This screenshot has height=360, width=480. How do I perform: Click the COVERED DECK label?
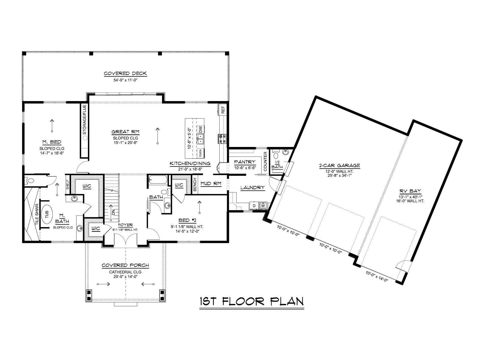[x=125, y=73]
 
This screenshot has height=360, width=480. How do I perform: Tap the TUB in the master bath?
[x=47, y=214]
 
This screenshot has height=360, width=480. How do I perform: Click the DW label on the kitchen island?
[x=200, y=129]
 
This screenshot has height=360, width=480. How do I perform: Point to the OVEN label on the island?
[x=200, y=153]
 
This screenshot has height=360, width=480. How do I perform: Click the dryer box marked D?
[x=254, y=206]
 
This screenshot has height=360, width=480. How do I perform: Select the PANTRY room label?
[x=245, y=162]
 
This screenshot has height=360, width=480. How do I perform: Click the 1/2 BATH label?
[x=277, y=165]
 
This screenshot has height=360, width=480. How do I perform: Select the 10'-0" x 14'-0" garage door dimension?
[x=377, y=276]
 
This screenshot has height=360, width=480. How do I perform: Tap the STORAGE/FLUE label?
[x=85, y=120]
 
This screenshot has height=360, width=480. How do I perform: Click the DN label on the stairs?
[x=113, y=212]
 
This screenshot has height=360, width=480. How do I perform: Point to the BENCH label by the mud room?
[x=195, y=184]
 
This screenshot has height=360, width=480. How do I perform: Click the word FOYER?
[x=125, y=225]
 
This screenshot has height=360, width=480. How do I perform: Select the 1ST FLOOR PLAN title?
[x=252, y=301]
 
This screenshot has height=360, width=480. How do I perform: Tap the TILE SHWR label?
[x=37, y=214]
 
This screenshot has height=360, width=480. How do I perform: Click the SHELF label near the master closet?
[x=68, y=185]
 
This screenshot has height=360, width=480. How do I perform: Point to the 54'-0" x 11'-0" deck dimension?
[x=125, y=80]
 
